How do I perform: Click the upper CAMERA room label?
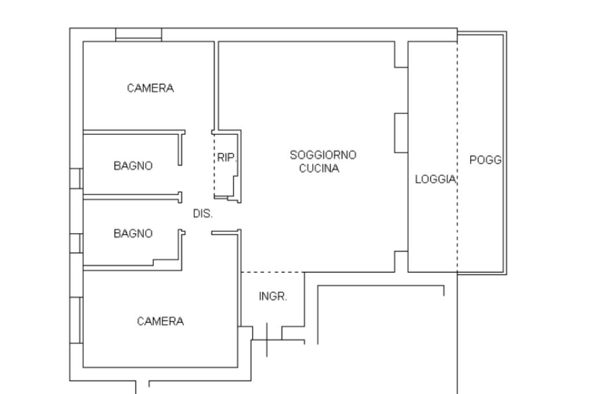[150, 89]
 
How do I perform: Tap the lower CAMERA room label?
[161, 322]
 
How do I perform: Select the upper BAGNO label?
[133, 166]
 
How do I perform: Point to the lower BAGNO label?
[133, 234]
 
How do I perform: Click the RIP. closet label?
[227, 157]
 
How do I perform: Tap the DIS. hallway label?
[203, 214]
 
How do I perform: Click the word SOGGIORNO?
[323, 155]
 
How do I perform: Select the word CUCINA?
[319, 168]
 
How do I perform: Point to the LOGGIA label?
[436, 179]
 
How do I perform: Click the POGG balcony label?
[486, 160]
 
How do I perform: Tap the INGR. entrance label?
[273, 297]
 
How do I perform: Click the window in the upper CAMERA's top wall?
[139, 34]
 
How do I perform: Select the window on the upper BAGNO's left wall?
[76, 179]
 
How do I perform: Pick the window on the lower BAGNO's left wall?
[76, 243]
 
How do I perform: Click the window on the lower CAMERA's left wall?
[76, 321]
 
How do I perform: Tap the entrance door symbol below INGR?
[267, 340]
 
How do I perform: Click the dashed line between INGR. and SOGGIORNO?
[273, 272]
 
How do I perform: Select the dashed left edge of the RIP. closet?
[214, 165]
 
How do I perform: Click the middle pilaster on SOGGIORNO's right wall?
[401, 133]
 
